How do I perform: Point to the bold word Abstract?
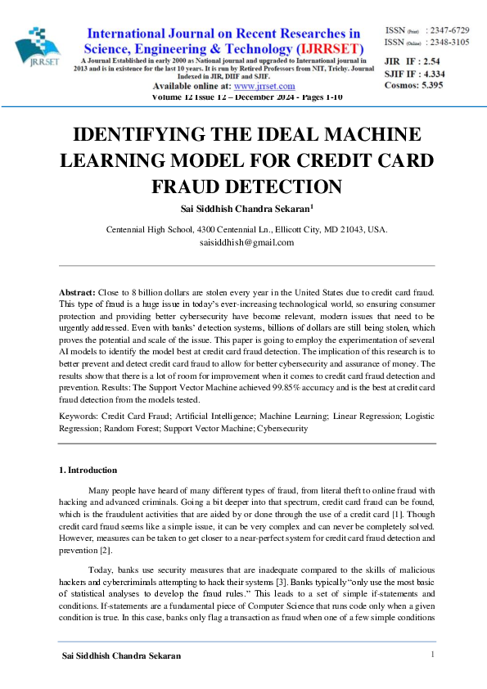(x=77, y=292)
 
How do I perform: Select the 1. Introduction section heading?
(x=88, y=471)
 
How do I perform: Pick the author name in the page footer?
(x=121, y=656)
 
